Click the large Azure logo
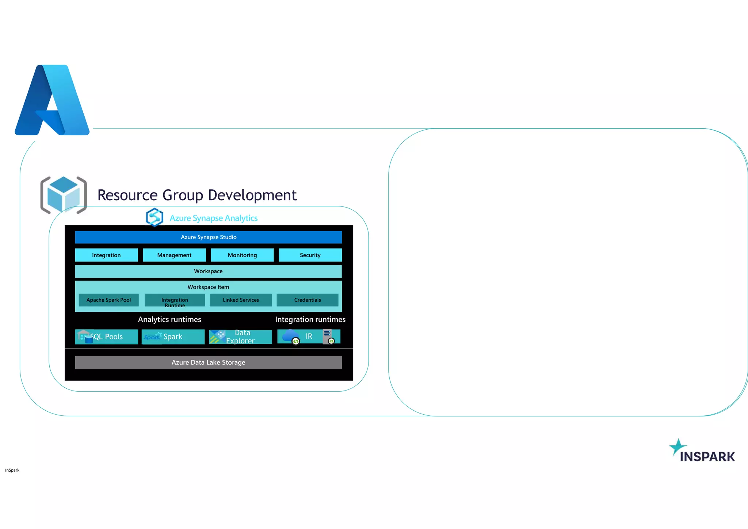point(52,100)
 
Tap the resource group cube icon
point(64,195)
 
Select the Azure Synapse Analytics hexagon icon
point(154,217)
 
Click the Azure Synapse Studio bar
point(208,237)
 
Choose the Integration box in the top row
point(106,255)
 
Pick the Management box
point(174,255)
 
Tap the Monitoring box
point(242,255)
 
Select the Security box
point(310,255)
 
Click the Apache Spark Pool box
point(108,300)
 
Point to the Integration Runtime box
point(175,300)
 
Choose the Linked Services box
point(241,300)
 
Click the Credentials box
point(308,300)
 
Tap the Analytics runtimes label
point(169,319)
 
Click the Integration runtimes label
point(310,319)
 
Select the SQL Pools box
point(106,336)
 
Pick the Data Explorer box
point(240,336)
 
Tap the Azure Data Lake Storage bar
point(208,362)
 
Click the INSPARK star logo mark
point(678,447)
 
